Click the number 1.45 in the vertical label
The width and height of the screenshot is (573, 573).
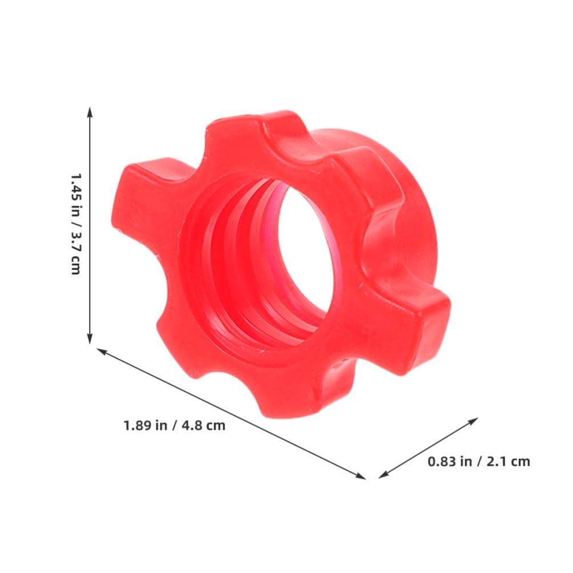point(75,185)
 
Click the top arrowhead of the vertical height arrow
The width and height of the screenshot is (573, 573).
point(90,110)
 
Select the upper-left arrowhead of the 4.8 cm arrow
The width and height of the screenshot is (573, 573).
point(100,351)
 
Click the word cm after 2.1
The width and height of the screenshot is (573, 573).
point(520,462)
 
